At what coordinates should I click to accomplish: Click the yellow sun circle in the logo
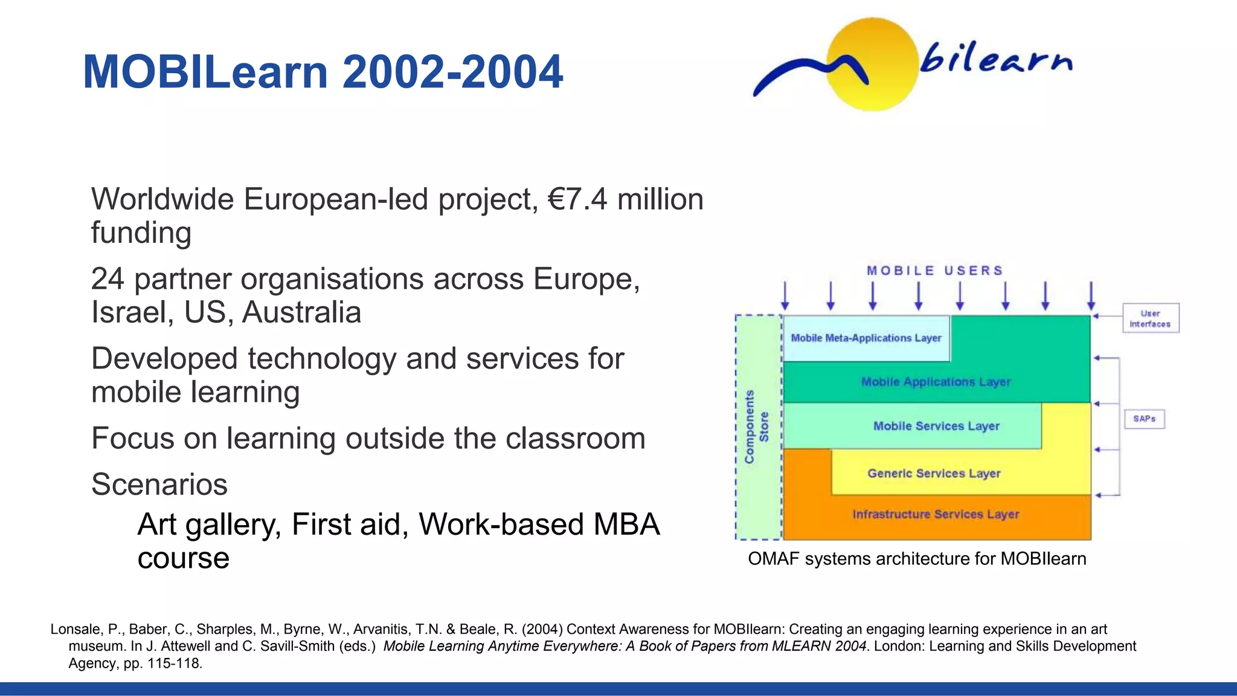(873, 65)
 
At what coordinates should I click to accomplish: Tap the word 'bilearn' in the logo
(995, 58)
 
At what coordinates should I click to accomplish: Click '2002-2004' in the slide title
(452, 72)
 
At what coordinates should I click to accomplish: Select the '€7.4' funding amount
(577, 199)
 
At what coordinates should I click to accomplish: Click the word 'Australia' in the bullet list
(302, 312)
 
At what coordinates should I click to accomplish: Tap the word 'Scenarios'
(159, 484)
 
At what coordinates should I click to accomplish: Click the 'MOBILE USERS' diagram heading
(935, 271)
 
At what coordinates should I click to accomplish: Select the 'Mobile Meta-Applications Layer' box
(866, 338)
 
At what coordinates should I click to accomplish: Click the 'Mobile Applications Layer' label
(936, 382)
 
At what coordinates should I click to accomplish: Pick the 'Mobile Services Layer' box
(936, 426)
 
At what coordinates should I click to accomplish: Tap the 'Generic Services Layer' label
(934, 473)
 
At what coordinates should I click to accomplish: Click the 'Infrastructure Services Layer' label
(936, 514)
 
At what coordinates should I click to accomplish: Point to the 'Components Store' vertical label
(757, 427)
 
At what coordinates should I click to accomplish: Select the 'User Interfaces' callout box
(1150, 318)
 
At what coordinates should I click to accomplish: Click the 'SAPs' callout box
(1144, 419)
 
